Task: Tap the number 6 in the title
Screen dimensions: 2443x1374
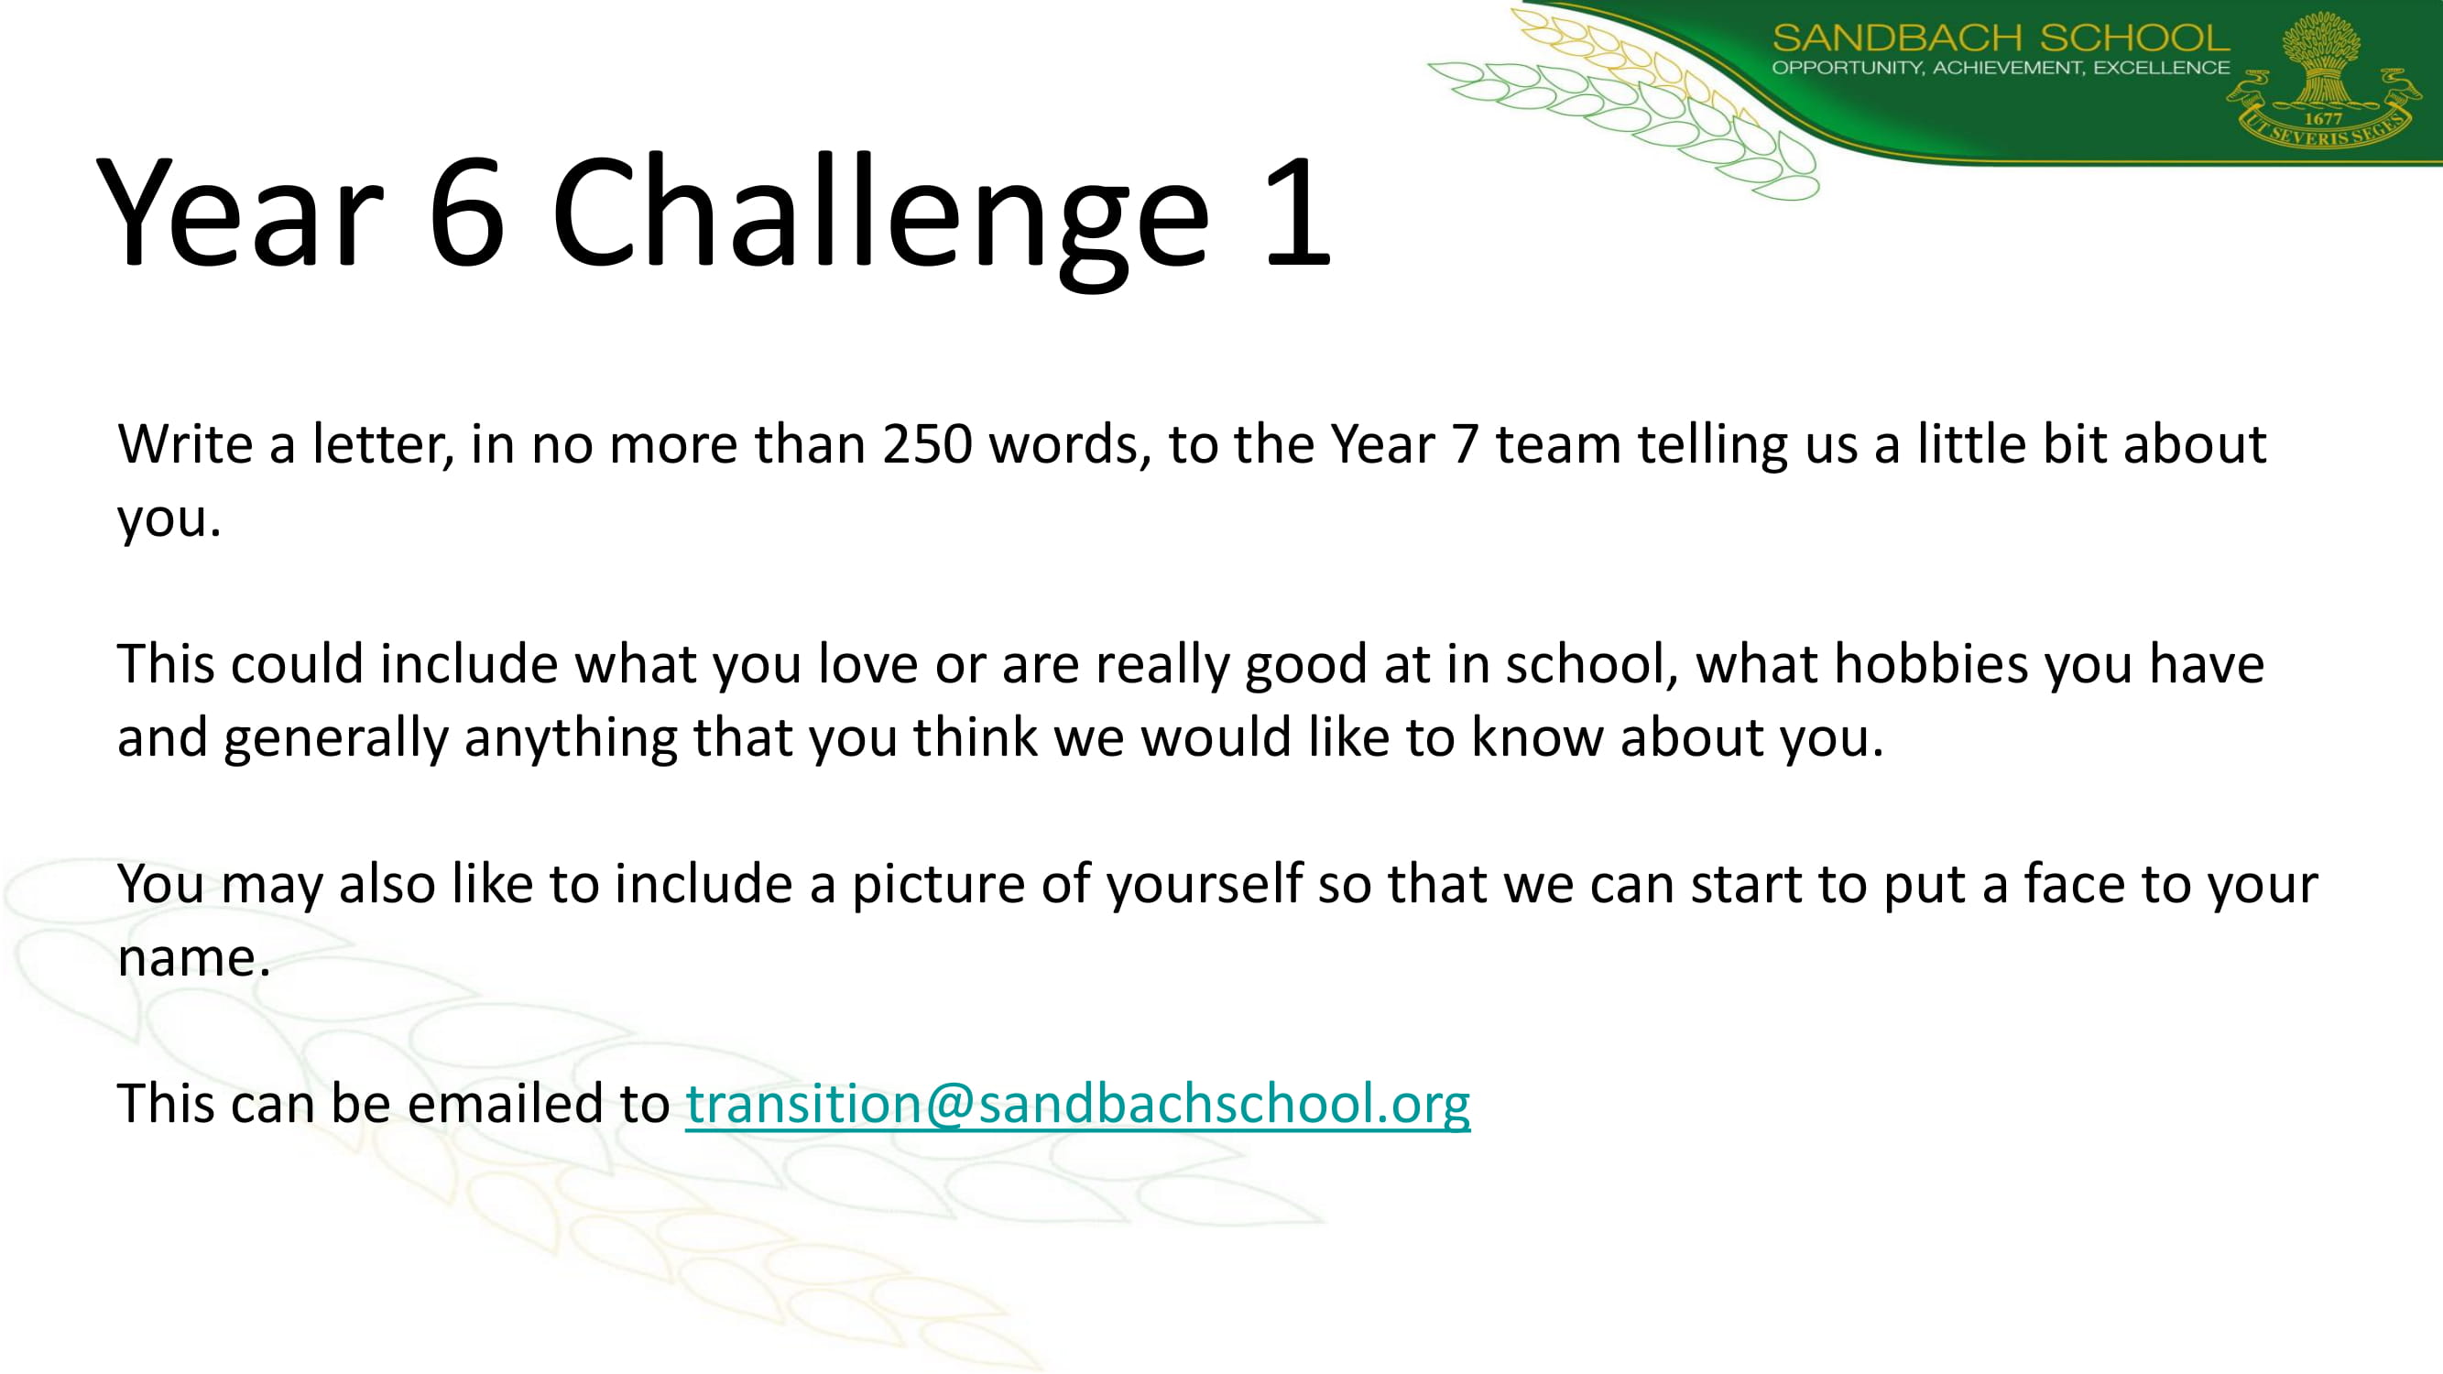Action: pyautogui.click(x=466, y=211)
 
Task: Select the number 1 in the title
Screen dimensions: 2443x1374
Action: pyautogui.click(x=1298, y=211)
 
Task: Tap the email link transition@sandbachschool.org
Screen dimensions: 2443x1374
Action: pyautogui.click(x=1078, y=1105)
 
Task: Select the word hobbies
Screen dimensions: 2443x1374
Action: pyautogui.click(x=1931, y=663)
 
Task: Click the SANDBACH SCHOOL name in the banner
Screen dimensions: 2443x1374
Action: pyautogui.click(x=2001, y=38)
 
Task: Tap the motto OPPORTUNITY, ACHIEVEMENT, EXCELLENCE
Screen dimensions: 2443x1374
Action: pyautogui.click(x=2001, y=67)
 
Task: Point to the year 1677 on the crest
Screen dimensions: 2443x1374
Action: pyautogui.click(x=2323, y=119)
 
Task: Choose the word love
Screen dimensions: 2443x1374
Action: pyautogui.click(x=868, y=663)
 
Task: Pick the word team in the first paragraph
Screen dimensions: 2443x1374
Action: pyautogui.click(x=1558, y=446)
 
